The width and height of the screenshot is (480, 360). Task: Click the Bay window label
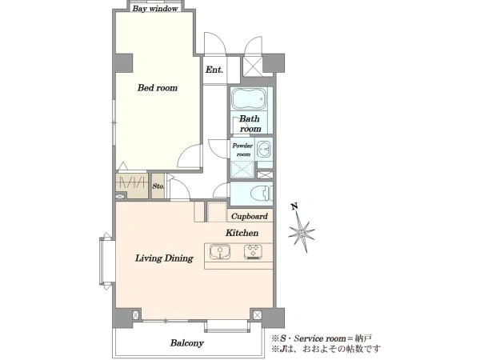pyautogui.click(x=155, y=9)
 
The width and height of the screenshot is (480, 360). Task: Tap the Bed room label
pyautogui.click(x=158, y=88)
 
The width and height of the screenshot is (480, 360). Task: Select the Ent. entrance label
pyautogui.click(x=214, y=70)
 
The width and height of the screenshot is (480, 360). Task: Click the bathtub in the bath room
pyautogui.click(x=249, y=98)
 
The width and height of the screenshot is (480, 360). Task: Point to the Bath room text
pyautogui.click(x=250, y=123)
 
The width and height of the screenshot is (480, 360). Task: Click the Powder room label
pyautogui.click(x=242, y=150)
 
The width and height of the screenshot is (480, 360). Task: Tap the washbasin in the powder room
pyautogui.click(x=263, y=149)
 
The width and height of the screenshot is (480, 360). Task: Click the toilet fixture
pyautogui.click(x=261, y=194)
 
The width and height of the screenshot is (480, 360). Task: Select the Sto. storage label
pyautogui.click(x=158, y=186)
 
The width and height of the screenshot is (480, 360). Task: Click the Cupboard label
pyautogui.click(x=249, y=217)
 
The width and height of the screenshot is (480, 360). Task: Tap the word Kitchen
pyautogui.click(x=242, y=233)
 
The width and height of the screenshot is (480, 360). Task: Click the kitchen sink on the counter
pyautogui.click(x=220, y=252)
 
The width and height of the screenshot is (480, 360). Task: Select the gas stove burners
pyautogui.click(x=253, y=252)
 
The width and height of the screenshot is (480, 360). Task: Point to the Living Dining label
pyautogui.click(x=164, y=258)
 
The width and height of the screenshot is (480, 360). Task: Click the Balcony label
pyautogui.click(x=186, y=343)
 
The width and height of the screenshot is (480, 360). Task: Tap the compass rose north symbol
pyautogui.click(x=302, y=233)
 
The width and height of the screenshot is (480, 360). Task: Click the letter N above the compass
pyautogui.click(x=294, y=207)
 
